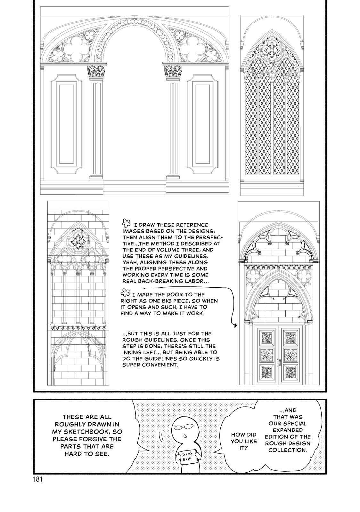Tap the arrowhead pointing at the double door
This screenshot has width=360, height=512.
(236, 326)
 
